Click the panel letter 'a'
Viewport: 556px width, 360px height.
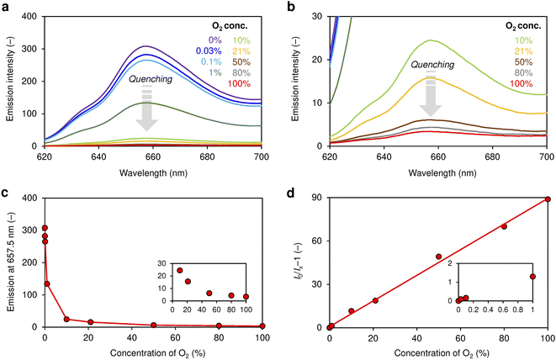point(6,8)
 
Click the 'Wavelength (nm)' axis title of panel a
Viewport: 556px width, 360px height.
point(147,169)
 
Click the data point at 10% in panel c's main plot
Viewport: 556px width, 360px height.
point(66,320)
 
